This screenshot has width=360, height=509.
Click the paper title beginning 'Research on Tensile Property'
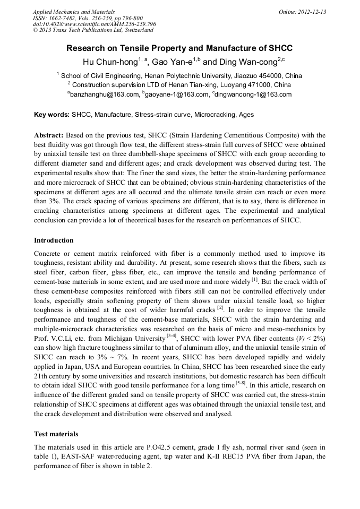(179, 48)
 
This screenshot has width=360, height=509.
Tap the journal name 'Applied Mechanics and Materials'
(73, 12)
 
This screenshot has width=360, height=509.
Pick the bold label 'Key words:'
(52, 114)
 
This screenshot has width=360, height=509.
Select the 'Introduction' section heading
(54, 240)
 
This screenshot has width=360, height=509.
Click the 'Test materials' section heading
(56, 433)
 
